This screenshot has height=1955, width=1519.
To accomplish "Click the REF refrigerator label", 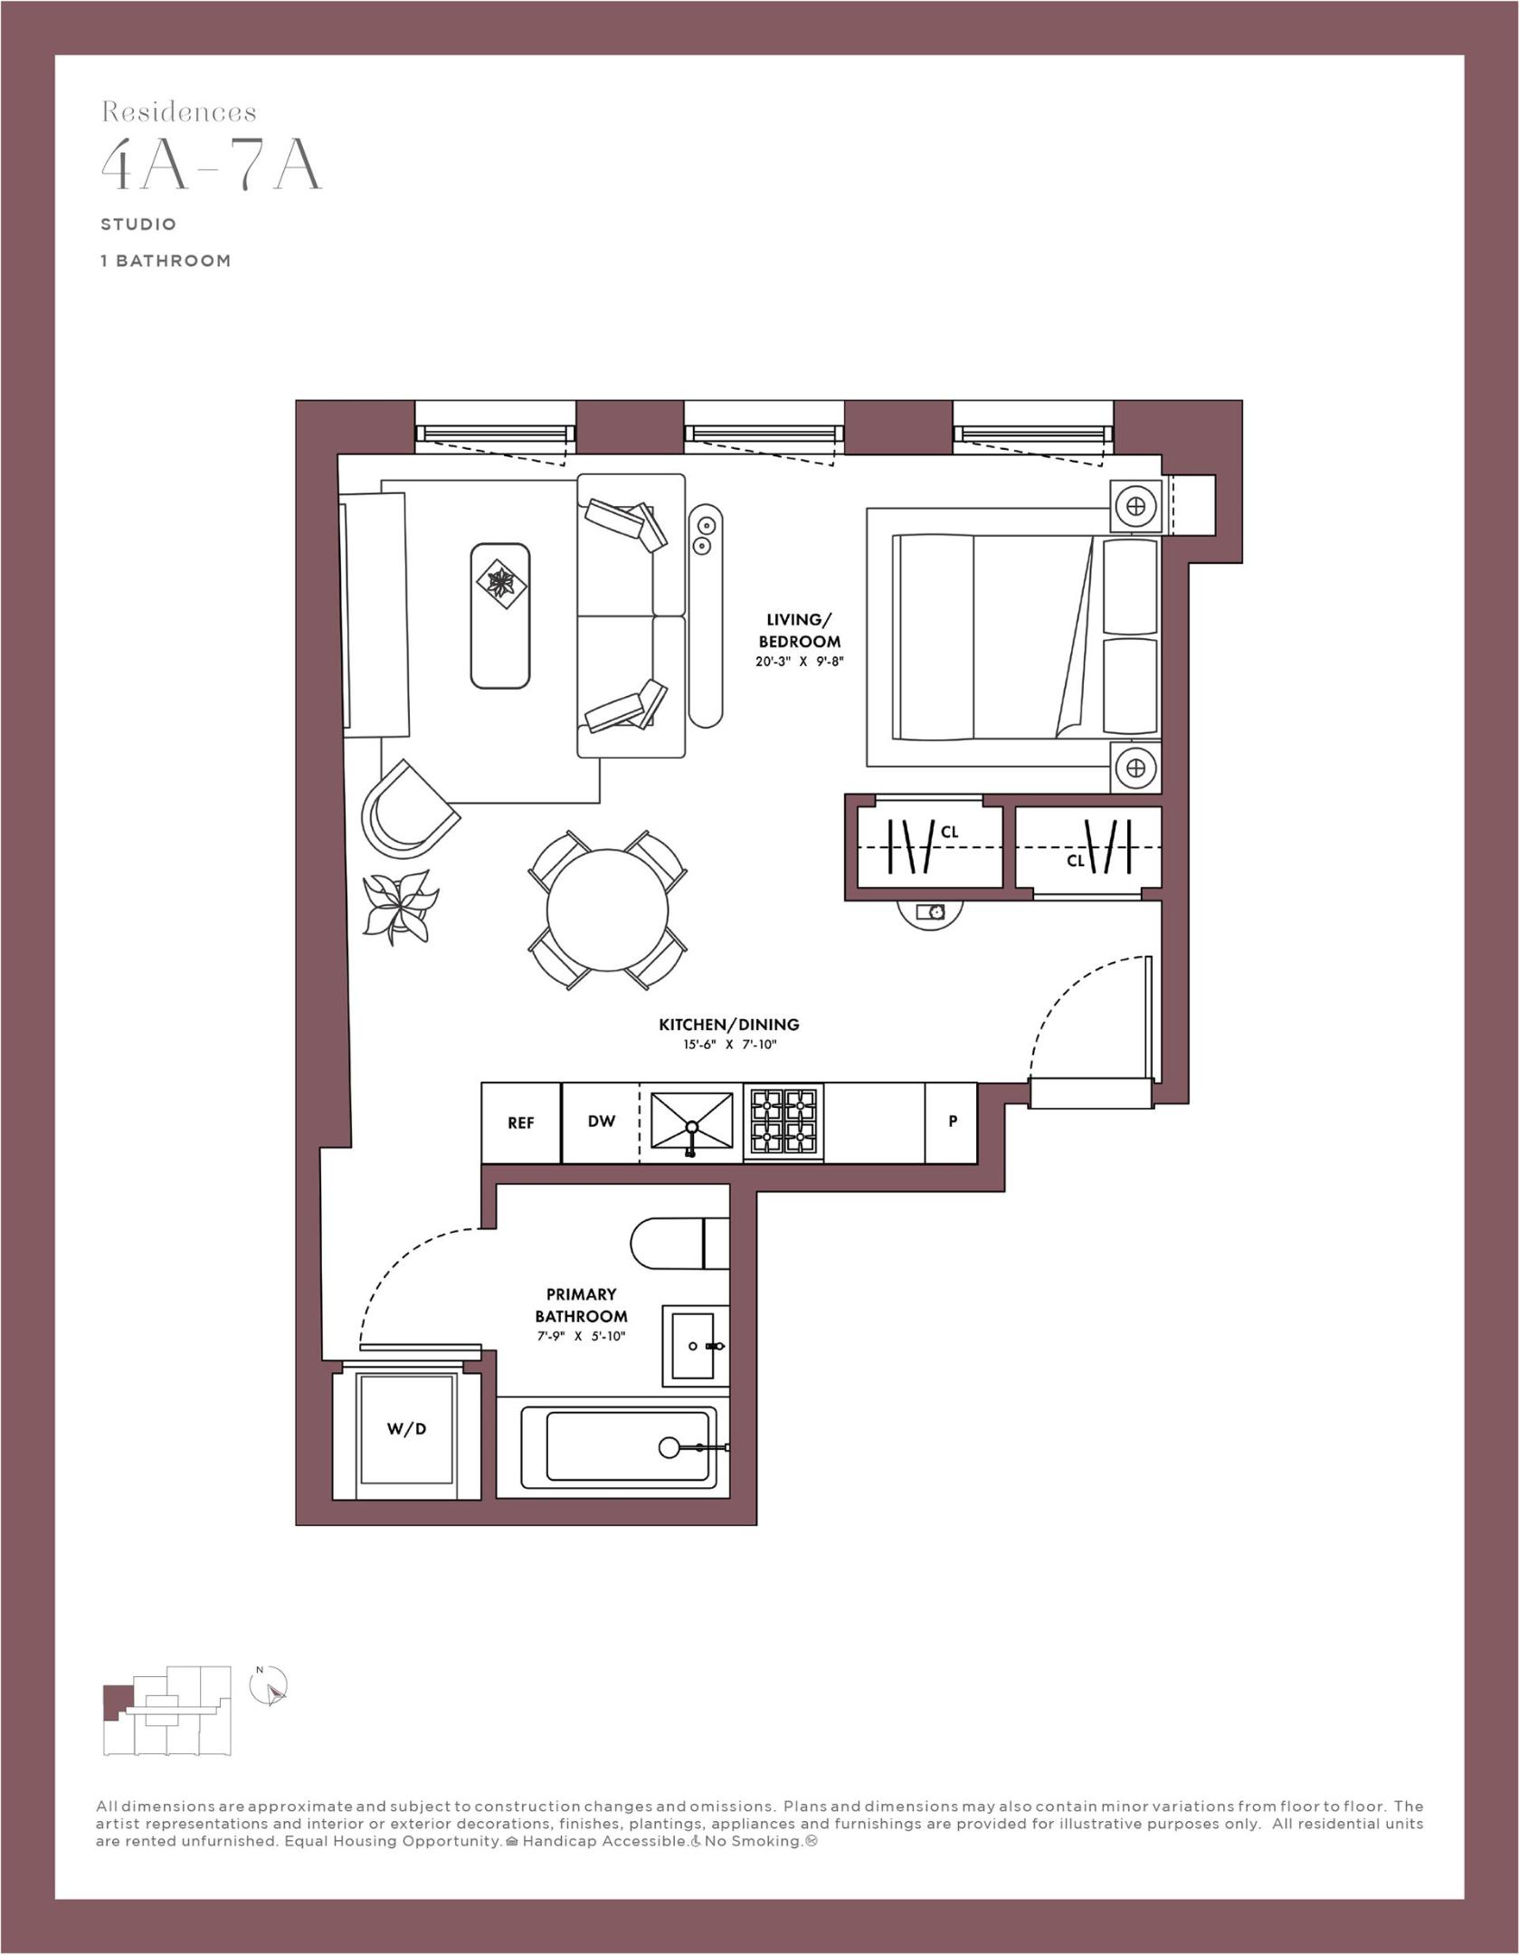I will [x=520, y=1122].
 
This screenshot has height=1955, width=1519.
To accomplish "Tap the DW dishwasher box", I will [x=601, y=1121].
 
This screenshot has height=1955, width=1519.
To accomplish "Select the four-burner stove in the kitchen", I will [x=783, y=1122].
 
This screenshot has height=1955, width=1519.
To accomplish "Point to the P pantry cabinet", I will [x=951, y=1121].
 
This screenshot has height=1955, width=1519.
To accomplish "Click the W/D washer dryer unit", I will [x=406, y=1429].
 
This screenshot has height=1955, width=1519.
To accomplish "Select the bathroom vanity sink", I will [x=695, y=1346].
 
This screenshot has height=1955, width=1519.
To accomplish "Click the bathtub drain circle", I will [x=669, y=1447].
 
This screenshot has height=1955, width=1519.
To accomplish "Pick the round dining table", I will [x=607, y=909].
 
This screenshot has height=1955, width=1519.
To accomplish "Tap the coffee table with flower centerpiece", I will [x=499, y=615].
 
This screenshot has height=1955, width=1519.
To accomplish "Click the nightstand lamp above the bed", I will [x=1136, y=505].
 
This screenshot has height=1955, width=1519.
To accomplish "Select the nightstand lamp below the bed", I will [x=1136, y=768].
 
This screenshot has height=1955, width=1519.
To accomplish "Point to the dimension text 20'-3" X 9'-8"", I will [x=799, y=662].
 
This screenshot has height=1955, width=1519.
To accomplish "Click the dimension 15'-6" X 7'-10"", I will [x=729, y=1044].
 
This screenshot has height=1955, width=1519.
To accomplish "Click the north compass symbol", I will [x=269, y=1687].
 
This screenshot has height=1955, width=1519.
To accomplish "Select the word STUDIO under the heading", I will [x=138, y=224].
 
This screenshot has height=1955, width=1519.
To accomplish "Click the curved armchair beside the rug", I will [x=406, y=811].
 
